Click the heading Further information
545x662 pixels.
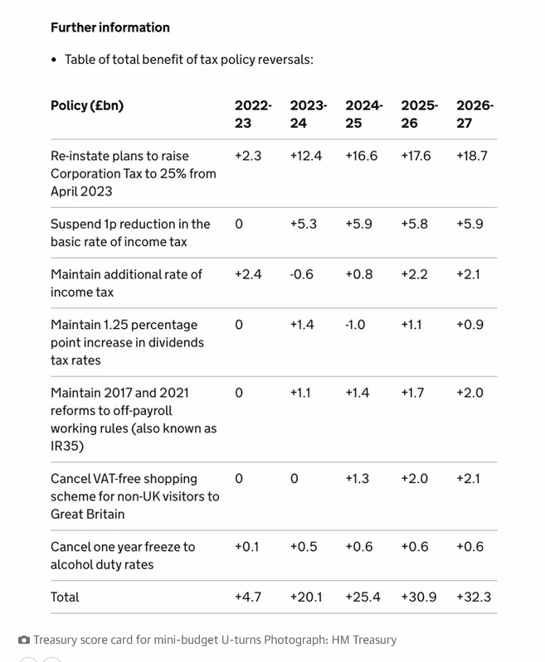pyautogui.click(x=110, y=27)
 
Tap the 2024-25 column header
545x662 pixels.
pyautogui.click(x=363, y=114)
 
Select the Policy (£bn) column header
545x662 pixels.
pyautogui.click(x=87, y=105)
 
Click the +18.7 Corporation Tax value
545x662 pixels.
pyautogui.click(x=472, y=156)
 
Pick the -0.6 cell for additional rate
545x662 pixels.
pyautogui.click(x=301, y=274)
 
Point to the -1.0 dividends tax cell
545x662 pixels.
pyautogui.click(x=355, y=325)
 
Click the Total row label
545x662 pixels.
pyautogui.click(x=65, y=597)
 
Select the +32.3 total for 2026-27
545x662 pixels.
pyautogui.click(x=474, y=597)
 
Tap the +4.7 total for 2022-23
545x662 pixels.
pyautogui.click(x=248, y=597)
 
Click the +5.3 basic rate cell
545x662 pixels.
pyautogui.click(x=303, y=224)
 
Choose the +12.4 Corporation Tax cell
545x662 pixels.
pyautogui.click(x=306, y=156)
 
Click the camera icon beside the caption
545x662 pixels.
pyautogui.click(x=24, y=640)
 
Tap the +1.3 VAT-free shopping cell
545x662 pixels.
pyautogui.click(x=358, y=479)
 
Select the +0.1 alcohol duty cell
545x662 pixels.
pyautogui.click(x=247, y=547)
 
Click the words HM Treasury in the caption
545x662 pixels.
pyautogui.click(x=364, y=640)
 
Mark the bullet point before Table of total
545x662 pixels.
pyautogui.click(x=53, y=60)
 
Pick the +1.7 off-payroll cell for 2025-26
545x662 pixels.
pyautogui.click(x=412, y=393)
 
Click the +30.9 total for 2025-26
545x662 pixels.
pyautogui.click(x=419, y=597)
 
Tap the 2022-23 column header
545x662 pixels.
pyautogui.click(x=253, y=114)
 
